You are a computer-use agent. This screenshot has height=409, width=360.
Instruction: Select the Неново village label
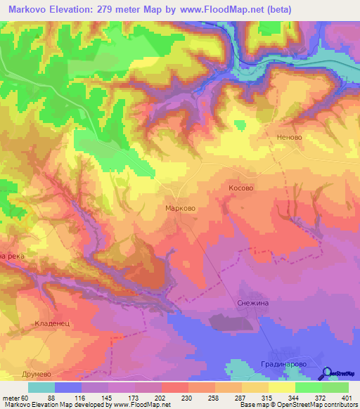tap(289, 137)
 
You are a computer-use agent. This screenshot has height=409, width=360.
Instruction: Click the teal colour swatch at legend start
tap(41, 387)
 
